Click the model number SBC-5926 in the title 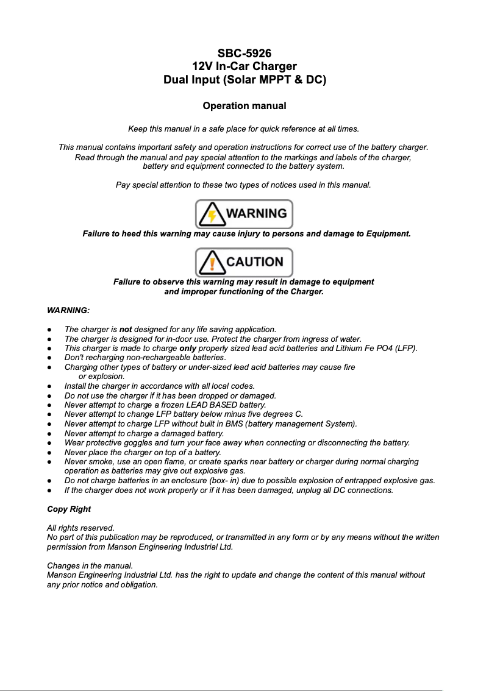[x=244, y=54]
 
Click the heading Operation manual [x=244, y=106]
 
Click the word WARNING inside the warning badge [x=256, y=214]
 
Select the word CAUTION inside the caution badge [x=255, y=262]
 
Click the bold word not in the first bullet [x=126, y=330]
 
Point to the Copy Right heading [x=69, y=509]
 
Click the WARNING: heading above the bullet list [x=68, y=311]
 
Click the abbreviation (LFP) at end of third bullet [x=405, y=349]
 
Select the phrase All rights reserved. [x=80, y=528]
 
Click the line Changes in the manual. [x=90, y=566]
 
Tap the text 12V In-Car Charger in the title [x=244, y=66]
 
